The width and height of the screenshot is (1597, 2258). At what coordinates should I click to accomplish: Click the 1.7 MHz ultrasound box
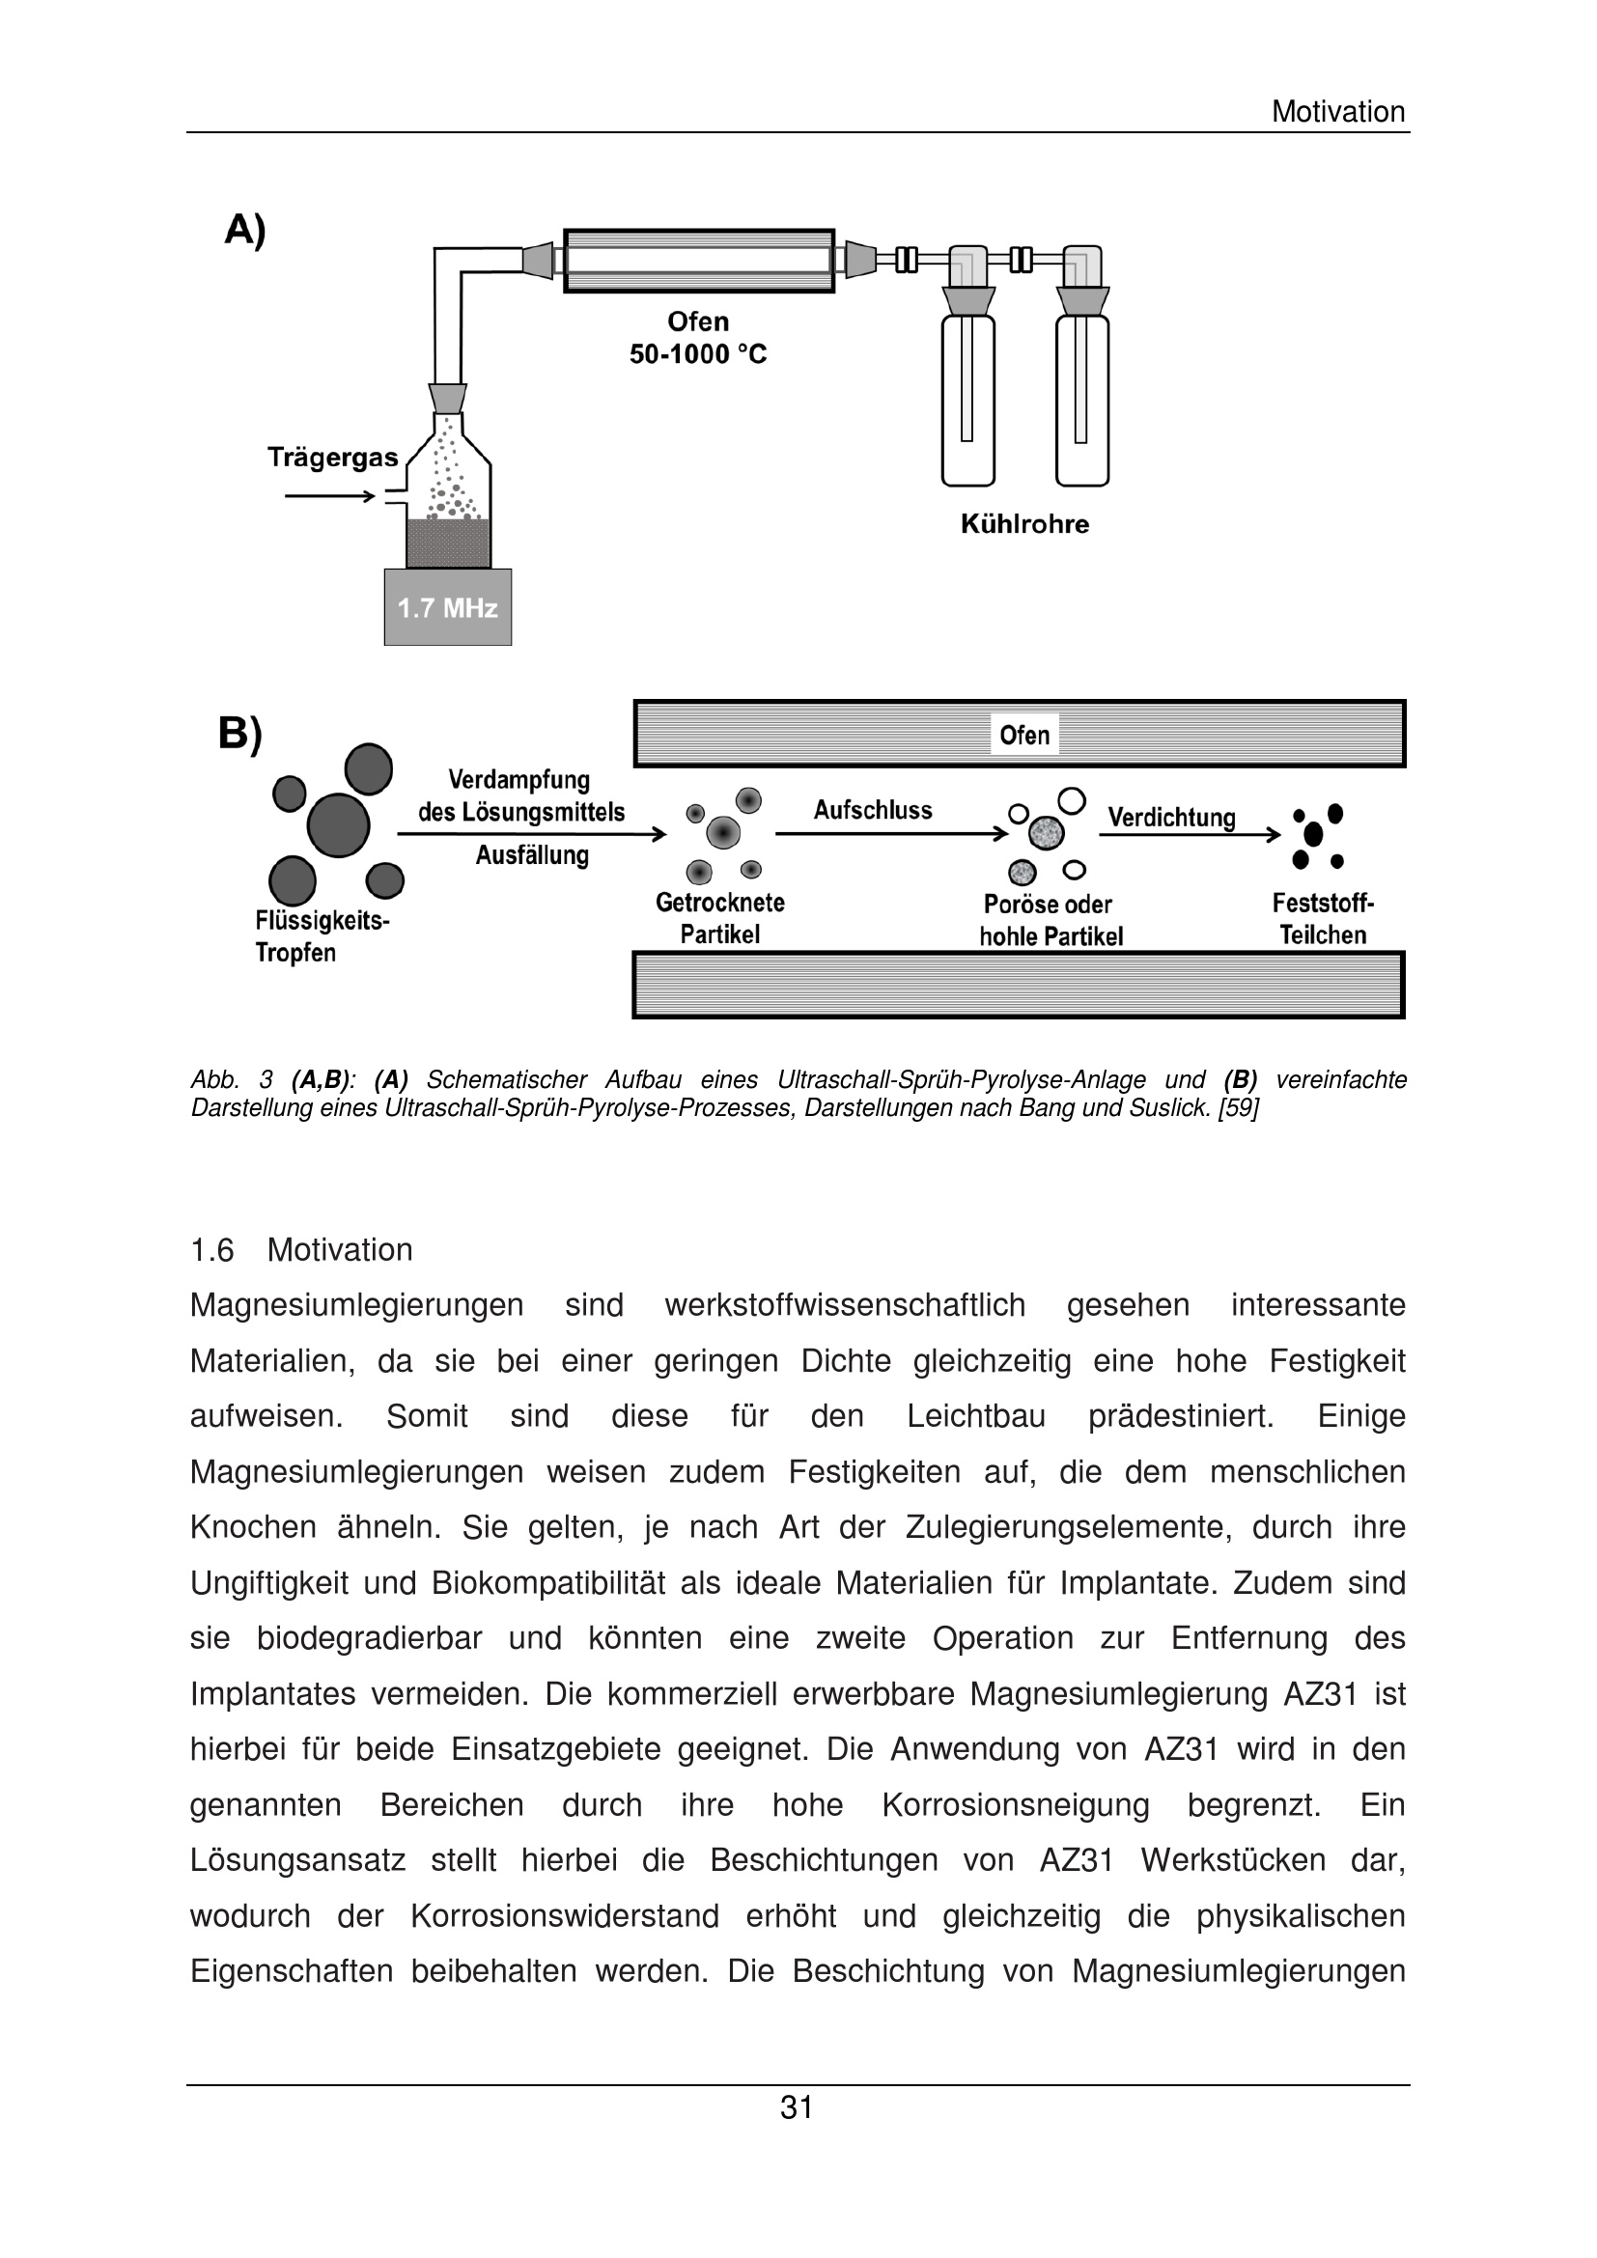(447, 607)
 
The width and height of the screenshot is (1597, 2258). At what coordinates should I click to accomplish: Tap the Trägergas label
(332, 458)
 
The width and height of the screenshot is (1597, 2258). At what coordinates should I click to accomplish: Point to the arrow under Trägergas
(329, 495)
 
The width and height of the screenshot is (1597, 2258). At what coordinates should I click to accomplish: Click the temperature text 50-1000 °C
(697, 354)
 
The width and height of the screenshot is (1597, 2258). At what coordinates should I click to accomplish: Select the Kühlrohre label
(1024, 524)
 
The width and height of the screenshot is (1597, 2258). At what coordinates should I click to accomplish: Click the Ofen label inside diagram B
(1023, 735)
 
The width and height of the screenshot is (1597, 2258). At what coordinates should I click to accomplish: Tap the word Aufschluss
(872, 809)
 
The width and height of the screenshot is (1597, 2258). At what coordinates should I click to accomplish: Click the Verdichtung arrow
(1189, 835)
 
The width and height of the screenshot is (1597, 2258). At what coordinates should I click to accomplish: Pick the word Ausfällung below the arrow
(532, 854)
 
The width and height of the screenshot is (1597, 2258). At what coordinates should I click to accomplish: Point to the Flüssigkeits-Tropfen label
(322, 936)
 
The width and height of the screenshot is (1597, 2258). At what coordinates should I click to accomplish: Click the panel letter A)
(245, 229)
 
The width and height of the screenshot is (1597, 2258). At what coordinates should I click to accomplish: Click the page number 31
(797, 2106)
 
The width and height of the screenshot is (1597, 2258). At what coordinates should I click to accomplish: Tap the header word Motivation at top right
(1337, 111)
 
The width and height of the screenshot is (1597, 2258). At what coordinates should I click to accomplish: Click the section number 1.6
(211, 1250)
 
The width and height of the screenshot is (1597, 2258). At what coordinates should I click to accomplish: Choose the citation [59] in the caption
(1238, 1108)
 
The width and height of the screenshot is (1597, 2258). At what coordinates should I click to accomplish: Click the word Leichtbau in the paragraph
(975, 1416)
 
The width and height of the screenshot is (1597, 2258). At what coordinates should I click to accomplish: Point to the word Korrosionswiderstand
(565, 1915)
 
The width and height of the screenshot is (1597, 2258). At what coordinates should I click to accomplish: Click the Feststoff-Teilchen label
(1323, 918)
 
